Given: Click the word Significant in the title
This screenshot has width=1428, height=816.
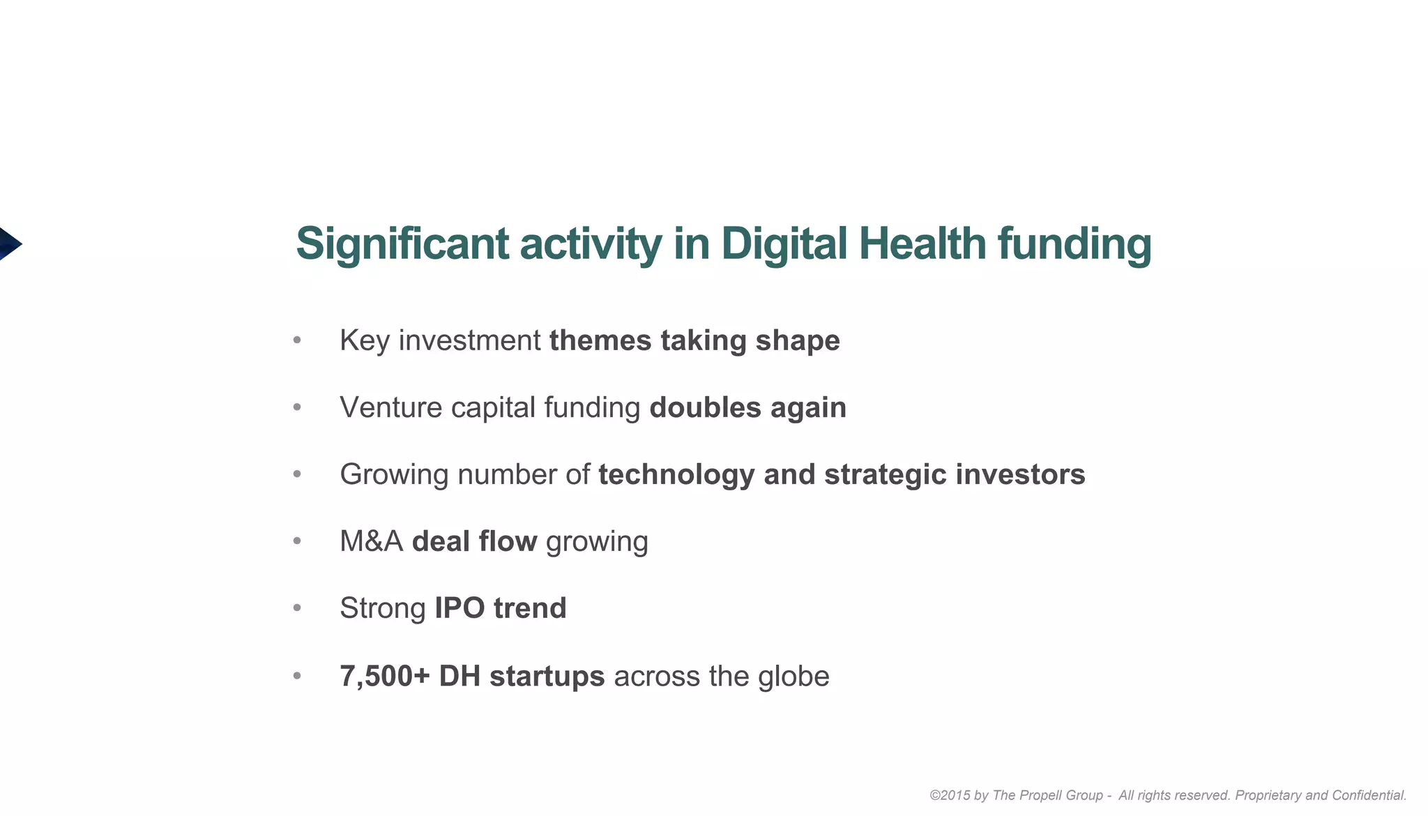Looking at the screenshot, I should (402, 244).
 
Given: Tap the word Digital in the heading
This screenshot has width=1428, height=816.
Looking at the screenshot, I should (784, 244).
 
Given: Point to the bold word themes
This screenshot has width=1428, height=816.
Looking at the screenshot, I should (600, 340).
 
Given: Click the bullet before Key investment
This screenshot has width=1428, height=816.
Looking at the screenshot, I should (297, 340).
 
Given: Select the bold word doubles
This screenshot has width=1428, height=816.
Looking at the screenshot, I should (705, 407).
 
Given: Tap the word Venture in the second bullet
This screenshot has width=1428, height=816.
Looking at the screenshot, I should (390, 407).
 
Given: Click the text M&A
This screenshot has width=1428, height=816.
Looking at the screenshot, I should (371, 541).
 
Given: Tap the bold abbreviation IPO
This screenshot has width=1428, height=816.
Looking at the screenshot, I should (459, 608).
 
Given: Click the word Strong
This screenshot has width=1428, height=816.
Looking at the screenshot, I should (382, 608).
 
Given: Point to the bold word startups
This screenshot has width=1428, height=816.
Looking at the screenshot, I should (547, 676).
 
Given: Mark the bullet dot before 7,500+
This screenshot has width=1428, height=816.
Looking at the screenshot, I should (297, 676).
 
